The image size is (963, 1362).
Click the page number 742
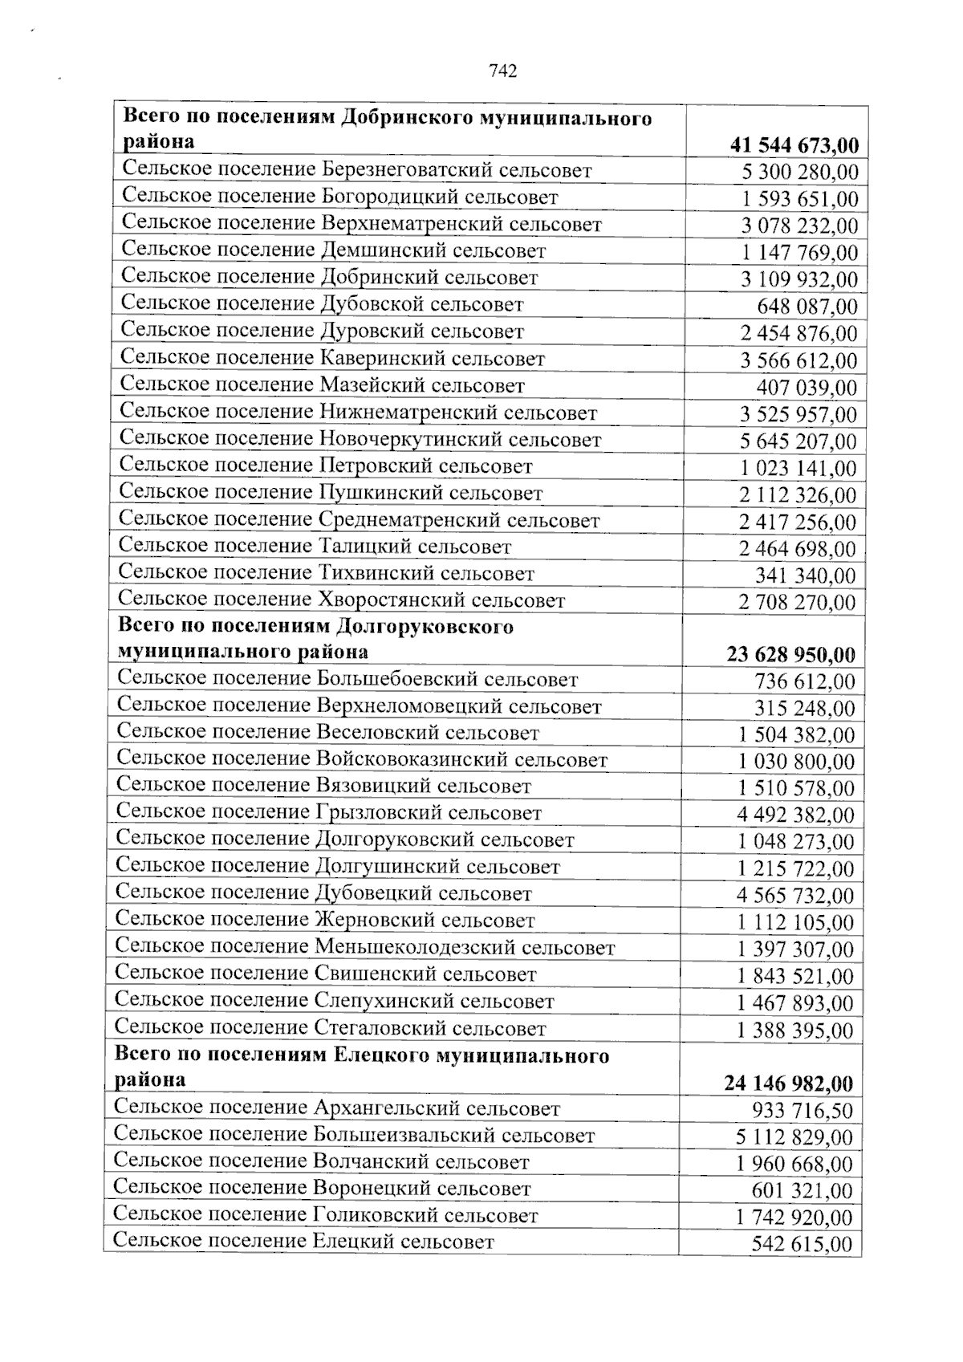pyautogui.click(x=502, y=71)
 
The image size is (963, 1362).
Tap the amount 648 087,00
pyautogui.click(x=807, y=307)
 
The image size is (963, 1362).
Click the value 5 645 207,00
pyautogui.click(x=798, y=441)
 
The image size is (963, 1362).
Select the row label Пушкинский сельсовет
pyautogui.click(x=331, y=493)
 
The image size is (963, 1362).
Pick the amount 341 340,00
pyautogui.click(x=805, y=575)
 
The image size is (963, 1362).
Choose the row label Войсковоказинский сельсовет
pyautogui.click(x=362, y=759)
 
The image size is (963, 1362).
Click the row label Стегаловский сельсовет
pyautogui.click(x=330, y=1028)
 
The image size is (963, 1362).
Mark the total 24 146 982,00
pyautogui.click(x=789, y=1084)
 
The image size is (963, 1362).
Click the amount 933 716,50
pyautogui.click(x=802, y=1111)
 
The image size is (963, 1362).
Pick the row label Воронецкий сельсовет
pyautogui.click(x=322, y=1189)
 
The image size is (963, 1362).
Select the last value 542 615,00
pyautogui.click(x=802, y=1245)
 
